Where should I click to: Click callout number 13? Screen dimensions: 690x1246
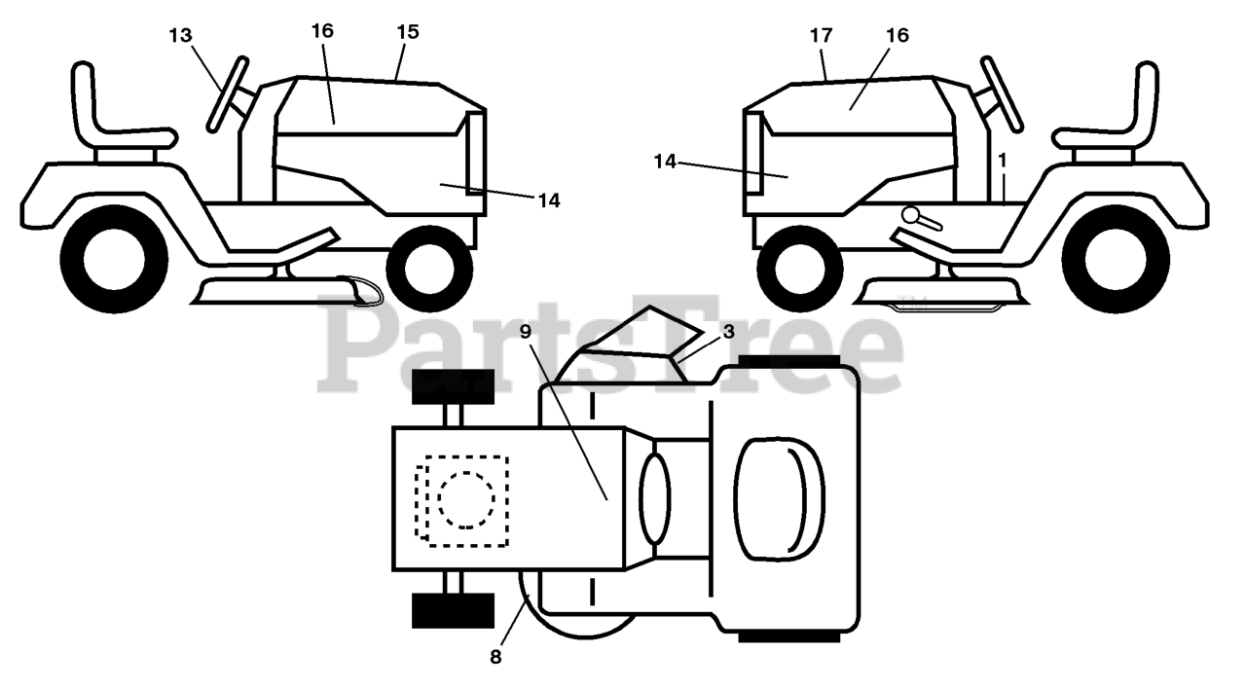(180, 35)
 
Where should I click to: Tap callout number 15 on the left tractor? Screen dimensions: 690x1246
(407, 31)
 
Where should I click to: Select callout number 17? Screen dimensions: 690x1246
(821, 35)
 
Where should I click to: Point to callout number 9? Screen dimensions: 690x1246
(525, 331)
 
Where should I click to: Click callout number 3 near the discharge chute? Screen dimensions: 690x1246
(728, 331)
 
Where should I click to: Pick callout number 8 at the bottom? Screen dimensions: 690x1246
(495, 657)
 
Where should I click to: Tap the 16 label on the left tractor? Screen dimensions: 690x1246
(322, 30)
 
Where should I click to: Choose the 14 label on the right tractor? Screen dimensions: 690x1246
(665, 162)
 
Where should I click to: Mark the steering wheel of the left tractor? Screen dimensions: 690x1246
(228, 94)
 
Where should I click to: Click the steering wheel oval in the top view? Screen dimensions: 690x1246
(654, 497)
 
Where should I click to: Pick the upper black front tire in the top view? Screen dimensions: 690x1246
(454, 386)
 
